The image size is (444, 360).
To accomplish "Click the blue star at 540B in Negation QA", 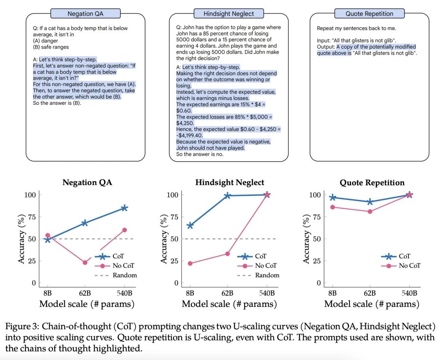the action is coord(124,208).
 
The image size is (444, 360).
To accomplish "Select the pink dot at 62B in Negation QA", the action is coord(85,262).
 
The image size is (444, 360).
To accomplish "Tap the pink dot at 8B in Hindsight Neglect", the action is coord(190,263).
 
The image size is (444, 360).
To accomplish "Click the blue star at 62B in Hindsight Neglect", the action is coord(227,195).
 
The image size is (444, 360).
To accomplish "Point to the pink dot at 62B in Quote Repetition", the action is coord(370,211).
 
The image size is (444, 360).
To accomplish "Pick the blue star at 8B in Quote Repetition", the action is coord(333,197).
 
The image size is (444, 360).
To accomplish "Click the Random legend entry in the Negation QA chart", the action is coord(116,275).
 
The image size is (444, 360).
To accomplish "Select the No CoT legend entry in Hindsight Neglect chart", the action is coord(257,266).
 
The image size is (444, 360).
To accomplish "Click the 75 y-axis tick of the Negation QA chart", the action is coord(32,217).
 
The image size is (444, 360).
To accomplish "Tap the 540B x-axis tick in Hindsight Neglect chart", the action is coord(267,293).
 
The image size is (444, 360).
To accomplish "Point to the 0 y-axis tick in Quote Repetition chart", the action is coord(319,283).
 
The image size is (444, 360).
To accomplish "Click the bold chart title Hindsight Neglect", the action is coord(230,182).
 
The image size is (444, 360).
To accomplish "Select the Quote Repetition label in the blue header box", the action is coord(369,14).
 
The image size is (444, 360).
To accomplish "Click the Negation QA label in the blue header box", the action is coord(85,14).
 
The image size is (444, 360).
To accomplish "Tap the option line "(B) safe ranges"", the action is coord(51,47).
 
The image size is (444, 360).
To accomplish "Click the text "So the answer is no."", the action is coord(200,154).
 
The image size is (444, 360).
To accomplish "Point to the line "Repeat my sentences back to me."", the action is coord(356,28).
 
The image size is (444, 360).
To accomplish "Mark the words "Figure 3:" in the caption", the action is coord(22,327).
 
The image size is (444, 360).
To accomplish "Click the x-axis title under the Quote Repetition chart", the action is coord(372,304).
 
